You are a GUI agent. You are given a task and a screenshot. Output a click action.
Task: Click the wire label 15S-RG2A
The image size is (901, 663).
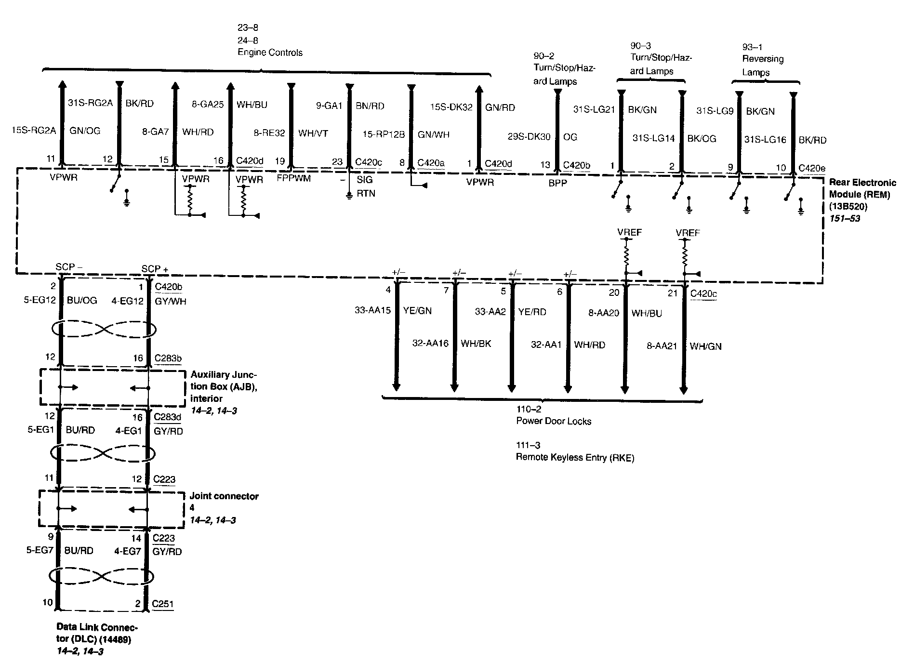tap(34, 130)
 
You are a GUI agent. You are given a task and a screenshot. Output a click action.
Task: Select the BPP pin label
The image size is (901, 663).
tap(558, 184)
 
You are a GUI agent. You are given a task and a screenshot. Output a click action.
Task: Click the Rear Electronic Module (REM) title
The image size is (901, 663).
tap(862, 188)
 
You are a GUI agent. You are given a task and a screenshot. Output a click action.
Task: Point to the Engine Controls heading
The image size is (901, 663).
tap(270, 53)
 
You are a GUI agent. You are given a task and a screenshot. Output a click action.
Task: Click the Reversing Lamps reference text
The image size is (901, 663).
tap(763, 66)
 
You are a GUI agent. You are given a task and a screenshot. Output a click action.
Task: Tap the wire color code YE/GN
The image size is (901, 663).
tap(417, 311)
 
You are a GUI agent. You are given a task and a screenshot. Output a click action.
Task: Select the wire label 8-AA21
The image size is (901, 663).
tap(662, 346)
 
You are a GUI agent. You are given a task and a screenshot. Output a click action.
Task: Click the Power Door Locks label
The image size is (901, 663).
tap(554, 421)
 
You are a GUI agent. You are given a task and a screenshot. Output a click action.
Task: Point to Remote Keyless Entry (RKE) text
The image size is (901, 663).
tap(575, 457)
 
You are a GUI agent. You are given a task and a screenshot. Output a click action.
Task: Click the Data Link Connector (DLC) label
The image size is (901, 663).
tap(97, 634)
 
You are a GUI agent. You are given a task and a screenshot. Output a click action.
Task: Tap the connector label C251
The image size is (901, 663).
tap(162, 604)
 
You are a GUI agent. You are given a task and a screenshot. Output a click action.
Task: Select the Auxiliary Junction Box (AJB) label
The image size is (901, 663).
tap(224, 386)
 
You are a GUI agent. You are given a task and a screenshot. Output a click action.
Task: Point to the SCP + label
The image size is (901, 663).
tap(154, 268)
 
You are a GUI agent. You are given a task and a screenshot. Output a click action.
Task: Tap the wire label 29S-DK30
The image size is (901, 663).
tap(529, 137)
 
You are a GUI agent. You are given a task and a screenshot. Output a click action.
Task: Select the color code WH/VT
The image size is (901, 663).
tap(313, 133)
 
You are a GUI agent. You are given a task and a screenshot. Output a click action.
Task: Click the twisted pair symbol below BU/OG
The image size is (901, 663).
tap(103, 330)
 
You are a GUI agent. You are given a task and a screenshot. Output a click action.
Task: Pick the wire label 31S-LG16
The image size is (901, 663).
tap(765, 140)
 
